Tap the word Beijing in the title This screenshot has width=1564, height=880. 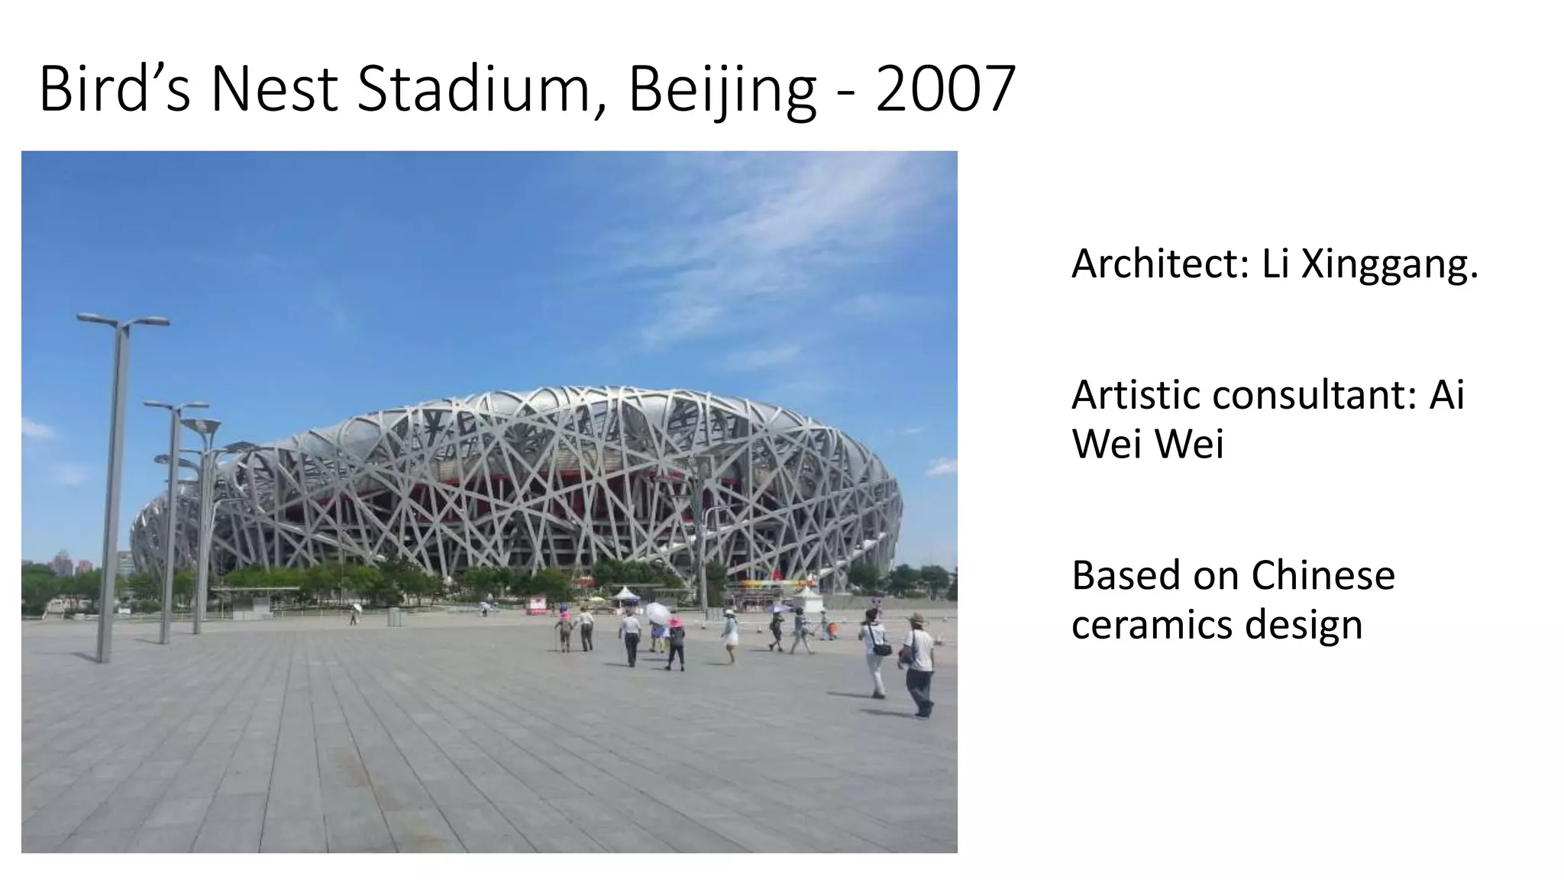tap(722, 90)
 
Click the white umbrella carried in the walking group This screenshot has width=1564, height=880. tap(657, 612)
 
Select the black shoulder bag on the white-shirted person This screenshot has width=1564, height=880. tap(882, 650)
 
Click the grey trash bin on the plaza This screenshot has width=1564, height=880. tap(394, 616)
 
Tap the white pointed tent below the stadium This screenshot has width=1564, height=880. tap(625, 594)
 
